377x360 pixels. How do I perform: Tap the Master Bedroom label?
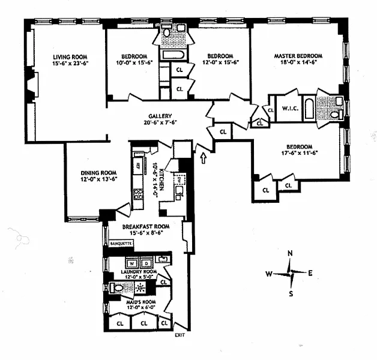[x=298, y=56]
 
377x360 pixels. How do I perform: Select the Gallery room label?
[x=160, y=116]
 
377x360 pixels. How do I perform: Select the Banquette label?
[x=121, y=244]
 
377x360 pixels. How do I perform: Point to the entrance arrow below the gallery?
[x=204, y=158]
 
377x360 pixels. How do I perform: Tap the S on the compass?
[x=291, y=293]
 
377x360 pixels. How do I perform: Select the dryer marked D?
[x=146, y=262]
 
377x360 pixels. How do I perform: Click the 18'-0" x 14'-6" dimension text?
[x=298, y=64]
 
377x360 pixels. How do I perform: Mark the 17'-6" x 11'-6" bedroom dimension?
[x=298, y=154]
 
